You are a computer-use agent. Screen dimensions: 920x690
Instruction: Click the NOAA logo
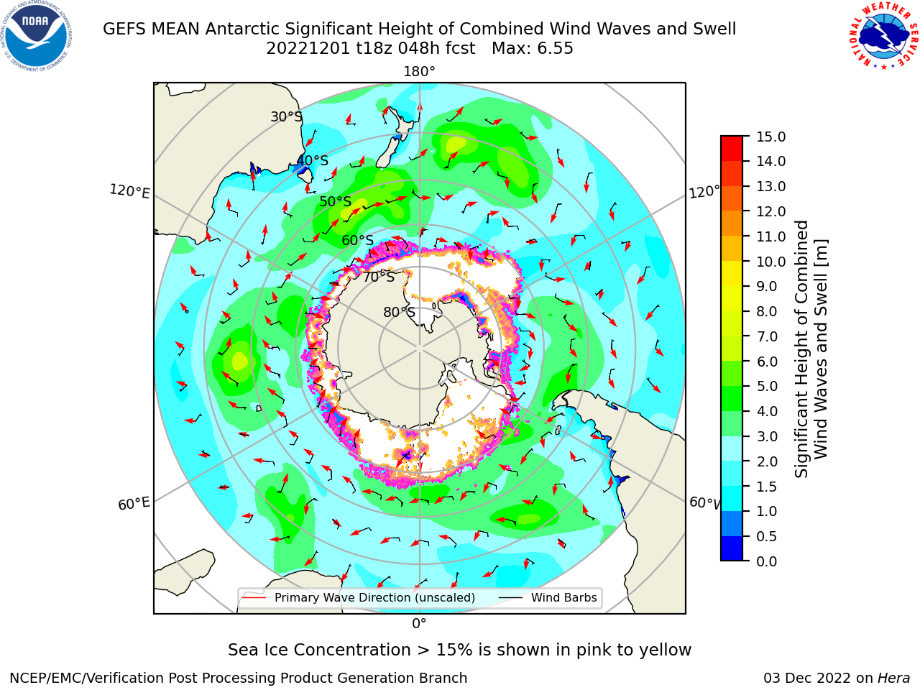[37, 36]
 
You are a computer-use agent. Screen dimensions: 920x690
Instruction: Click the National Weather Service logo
[883, 36]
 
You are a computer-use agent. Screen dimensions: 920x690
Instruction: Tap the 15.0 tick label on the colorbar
[770, 137]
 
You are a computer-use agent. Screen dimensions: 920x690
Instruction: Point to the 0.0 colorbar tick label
[767, 561]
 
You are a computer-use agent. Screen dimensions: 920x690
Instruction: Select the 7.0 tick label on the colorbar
[767, 336]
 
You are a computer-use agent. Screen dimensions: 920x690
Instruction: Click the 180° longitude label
[419, 72]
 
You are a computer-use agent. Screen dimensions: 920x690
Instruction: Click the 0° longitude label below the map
[419, 624]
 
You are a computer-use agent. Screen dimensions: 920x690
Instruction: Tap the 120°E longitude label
[129, 191]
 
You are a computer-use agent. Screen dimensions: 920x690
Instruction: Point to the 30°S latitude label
[287, 116]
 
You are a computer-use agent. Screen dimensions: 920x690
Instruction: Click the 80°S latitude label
[399, 312]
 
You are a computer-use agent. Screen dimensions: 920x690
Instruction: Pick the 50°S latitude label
[336, 201]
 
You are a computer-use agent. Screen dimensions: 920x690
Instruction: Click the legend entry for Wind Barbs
[548, 597]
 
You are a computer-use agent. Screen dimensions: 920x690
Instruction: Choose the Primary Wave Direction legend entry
[359, 597]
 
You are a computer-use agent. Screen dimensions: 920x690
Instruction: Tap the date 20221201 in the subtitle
[308, 49]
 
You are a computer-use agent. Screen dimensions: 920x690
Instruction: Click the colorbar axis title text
[811, 349]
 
